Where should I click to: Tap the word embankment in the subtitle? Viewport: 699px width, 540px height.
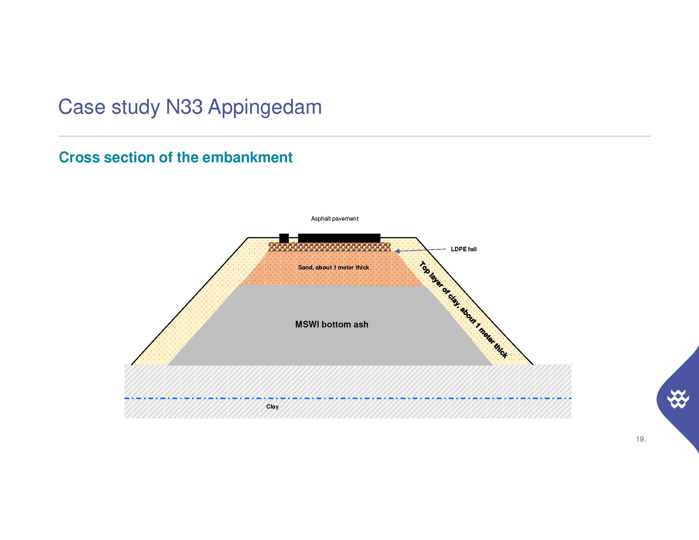(248, 157)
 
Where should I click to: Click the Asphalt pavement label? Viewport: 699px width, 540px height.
(334, 219)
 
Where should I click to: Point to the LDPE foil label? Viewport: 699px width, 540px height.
(463, 249)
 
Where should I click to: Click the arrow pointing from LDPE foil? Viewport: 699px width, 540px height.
(420, 250)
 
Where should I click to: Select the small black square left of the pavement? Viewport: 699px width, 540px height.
(284, 238)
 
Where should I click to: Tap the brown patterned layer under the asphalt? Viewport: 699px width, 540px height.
(330, 247)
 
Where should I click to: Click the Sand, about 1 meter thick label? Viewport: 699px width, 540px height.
(334, 267)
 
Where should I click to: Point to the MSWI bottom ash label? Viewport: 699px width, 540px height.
(332, 324)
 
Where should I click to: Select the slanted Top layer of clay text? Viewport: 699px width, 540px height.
(463, 310)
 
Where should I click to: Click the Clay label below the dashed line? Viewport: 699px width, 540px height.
(272, 407)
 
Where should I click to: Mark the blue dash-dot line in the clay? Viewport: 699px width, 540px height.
(347, 398)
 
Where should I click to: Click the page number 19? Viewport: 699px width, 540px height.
(640, 439)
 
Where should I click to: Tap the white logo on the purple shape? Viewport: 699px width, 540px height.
(678, 399)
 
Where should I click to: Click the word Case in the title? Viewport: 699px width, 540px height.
(82, 107)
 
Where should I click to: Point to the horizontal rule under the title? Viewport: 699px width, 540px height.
(355, 136)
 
